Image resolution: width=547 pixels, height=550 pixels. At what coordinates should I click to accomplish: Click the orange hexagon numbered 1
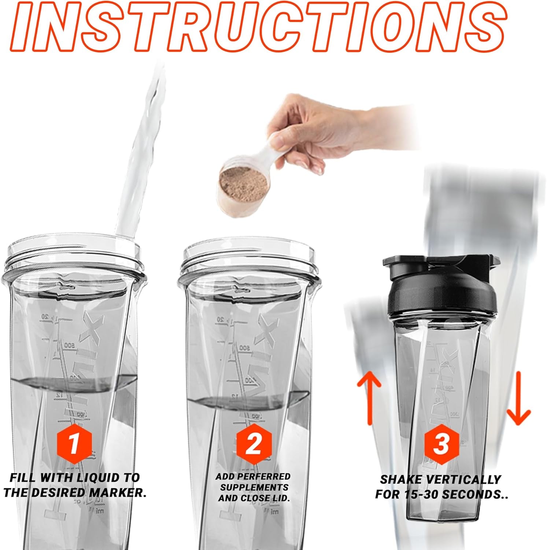(x=74, y=444)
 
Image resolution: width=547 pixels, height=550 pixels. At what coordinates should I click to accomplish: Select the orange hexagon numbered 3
(x=441, y=444)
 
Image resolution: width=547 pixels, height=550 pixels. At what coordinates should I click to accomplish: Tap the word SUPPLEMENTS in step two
(x=254, y=487)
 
